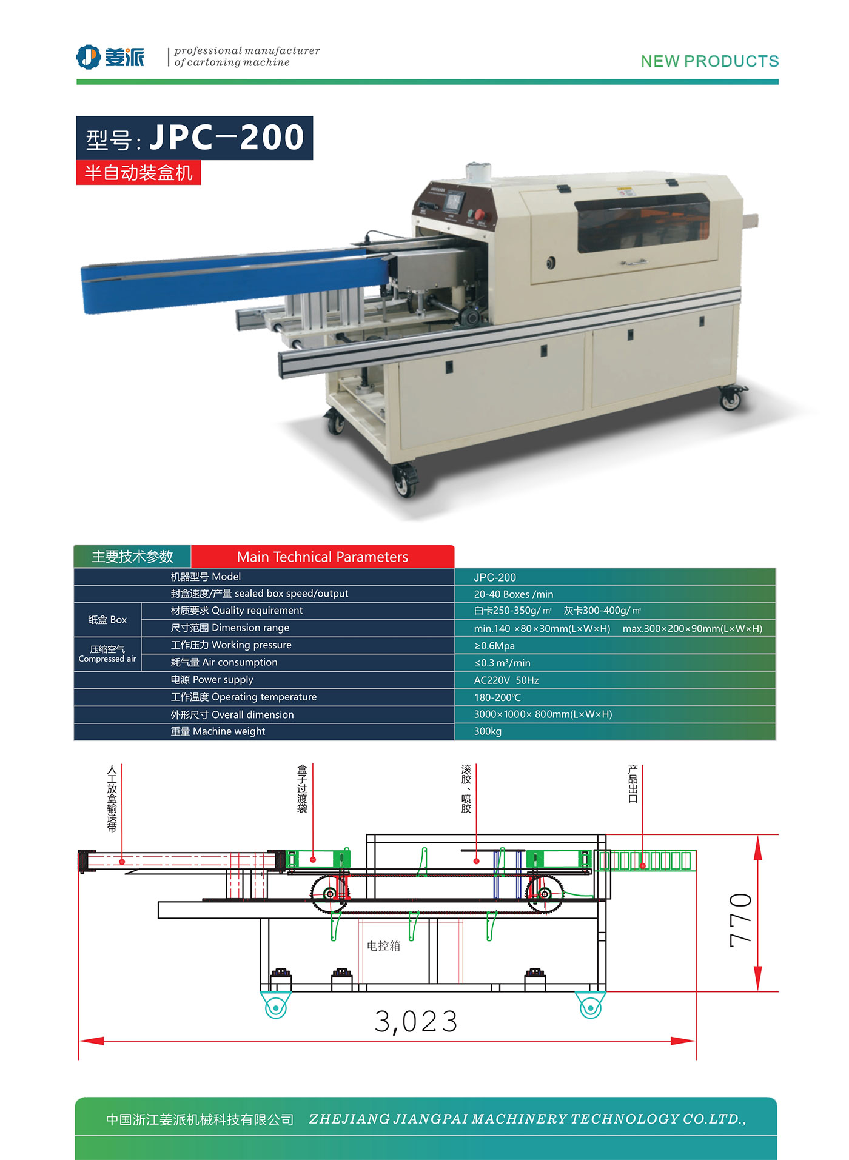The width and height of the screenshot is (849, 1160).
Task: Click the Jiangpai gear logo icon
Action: pos(88,57)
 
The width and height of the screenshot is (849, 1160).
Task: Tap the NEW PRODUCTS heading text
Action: pos(710,61)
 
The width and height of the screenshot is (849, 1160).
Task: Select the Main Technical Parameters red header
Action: pos(322,557)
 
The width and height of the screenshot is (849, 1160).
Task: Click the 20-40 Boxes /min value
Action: pos(513,594)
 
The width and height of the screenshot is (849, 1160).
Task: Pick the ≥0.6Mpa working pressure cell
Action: pos(494,646)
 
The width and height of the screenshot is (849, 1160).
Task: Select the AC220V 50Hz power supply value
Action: pos(506,680)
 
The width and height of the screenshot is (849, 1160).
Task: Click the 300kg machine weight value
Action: pos(488,731)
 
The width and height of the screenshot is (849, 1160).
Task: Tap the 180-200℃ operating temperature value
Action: pos(497,697)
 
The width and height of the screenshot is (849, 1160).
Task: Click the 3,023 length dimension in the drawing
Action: pos(416,1022)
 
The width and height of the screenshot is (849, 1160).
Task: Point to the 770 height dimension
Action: pos(740,920)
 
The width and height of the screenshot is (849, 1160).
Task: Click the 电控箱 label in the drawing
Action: pos(383,945)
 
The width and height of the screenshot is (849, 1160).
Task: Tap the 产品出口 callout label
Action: pos(633,783)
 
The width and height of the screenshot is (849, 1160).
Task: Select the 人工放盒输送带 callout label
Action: pos(112,798)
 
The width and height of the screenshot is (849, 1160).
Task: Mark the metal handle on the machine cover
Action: pos(633,263)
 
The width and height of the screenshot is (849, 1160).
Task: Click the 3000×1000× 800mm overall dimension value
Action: pos(543,714)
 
